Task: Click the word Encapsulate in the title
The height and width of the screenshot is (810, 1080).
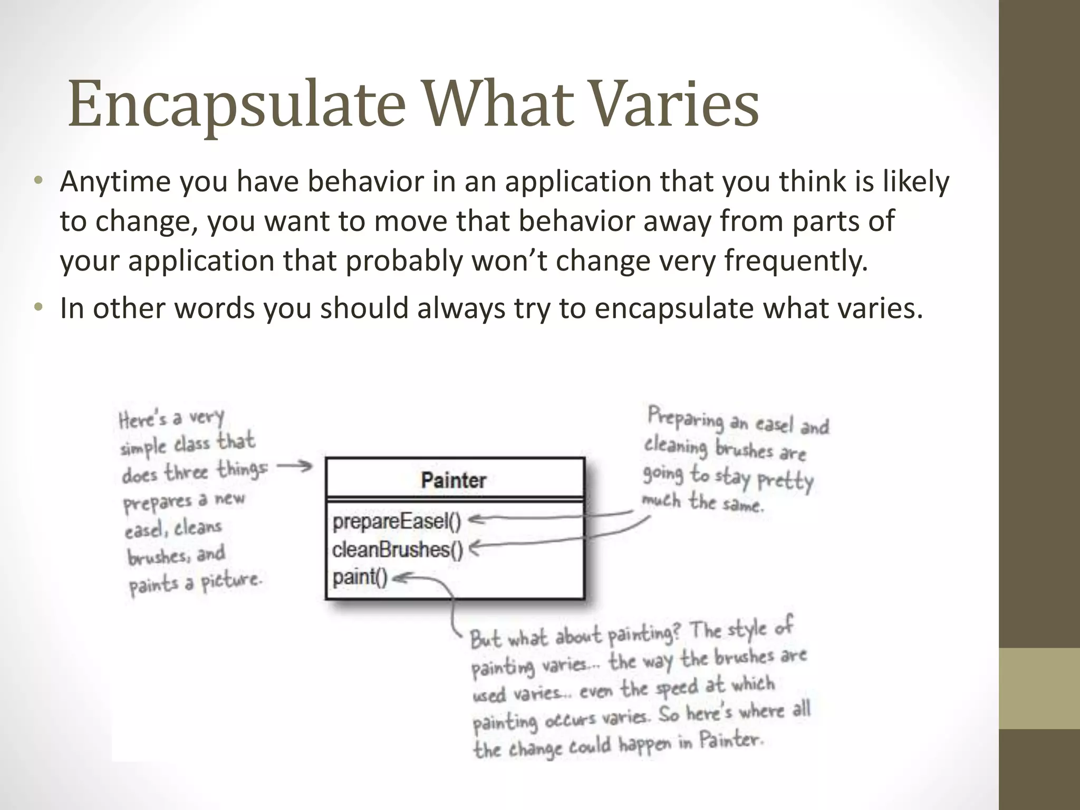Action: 236,104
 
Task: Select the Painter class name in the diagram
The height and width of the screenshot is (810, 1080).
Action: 454,480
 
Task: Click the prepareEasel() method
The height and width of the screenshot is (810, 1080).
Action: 397,522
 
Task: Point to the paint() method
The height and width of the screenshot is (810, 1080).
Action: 360,577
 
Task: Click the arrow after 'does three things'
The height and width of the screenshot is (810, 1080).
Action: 295,466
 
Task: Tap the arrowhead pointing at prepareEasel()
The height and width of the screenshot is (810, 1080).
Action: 474,520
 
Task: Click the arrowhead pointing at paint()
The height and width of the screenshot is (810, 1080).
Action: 398,578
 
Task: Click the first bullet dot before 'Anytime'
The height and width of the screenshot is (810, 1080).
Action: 37,181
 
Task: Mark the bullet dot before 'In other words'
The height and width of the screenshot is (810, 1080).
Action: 37,308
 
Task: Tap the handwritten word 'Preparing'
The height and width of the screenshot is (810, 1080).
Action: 686,420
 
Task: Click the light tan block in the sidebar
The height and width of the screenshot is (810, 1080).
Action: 1039,688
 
